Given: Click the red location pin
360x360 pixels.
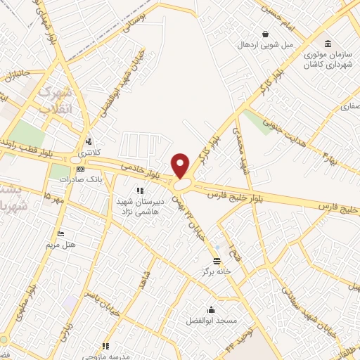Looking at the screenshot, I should coord(181,165).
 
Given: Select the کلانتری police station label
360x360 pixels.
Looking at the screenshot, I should coord(89,153).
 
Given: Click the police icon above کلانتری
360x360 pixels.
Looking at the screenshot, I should coord(89,141).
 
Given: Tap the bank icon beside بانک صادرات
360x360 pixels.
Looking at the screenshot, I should coord(81,169).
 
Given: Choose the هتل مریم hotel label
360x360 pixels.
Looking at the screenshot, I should coord(60,244).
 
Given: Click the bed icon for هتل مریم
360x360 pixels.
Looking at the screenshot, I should coord(60,233).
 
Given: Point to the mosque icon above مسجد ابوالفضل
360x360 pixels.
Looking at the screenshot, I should coord(211,309).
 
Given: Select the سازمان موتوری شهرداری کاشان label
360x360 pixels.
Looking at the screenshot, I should coord(328,59).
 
